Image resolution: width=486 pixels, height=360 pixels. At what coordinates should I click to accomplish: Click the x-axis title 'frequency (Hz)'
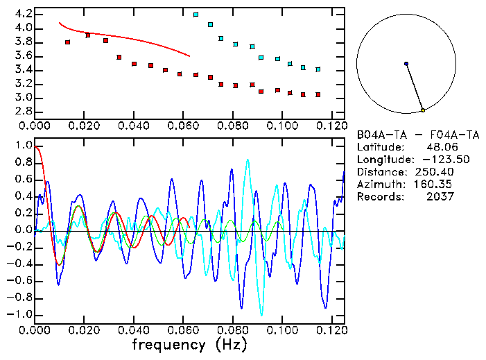(x=189, y=345)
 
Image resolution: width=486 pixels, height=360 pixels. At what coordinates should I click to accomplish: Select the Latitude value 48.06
(x=440, y=147)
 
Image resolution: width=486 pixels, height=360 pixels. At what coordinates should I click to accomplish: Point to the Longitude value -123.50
(x=435, y=160)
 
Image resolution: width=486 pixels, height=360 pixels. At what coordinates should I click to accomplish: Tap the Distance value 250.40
(x=435, y=172)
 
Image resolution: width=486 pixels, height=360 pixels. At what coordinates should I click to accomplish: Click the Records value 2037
(x=440, y=197)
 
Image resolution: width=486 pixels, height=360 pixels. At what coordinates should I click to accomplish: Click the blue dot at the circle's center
(x=406, y=64)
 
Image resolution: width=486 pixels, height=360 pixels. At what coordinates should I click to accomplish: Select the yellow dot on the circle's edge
(x=422, y=110)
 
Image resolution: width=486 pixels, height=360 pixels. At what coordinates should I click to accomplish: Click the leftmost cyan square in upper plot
(x=196, y=15)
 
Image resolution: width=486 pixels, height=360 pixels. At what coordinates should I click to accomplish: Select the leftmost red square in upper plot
(x=67, y=42)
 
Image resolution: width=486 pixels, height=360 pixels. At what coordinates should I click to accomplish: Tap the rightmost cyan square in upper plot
(x=318, y=69)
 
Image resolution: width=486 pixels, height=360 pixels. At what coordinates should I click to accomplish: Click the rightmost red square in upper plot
(x=318, y=94)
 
